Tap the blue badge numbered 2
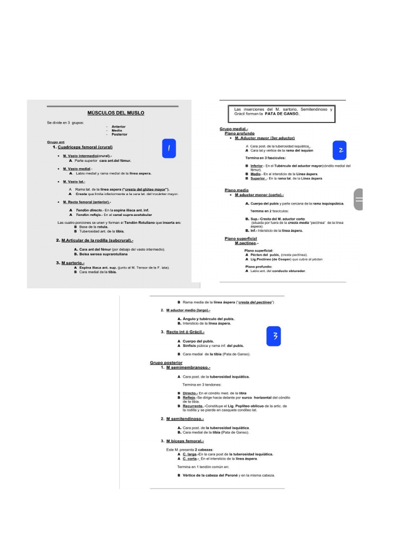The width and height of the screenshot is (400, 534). [x=340, y=150]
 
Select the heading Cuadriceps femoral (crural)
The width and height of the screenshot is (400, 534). [x=89, y=148]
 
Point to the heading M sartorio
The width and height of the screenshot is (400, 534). [x=73, y=263]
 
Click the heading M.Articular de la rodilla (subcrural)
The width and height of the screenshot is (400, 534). [x=97, y=240]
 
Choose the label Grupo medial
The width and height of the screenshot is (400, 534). [x=234, y=129]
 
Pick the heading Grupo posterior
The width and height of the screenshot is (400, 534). [x=166, y=362]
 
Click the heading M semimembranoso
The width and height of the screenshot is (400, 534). [x=188, y=368]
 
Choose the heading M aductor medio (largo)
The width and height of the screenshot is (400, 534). [x=188, y=310]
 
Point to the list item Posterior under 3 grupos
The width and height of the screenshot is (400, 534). [x=119, y=135]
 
